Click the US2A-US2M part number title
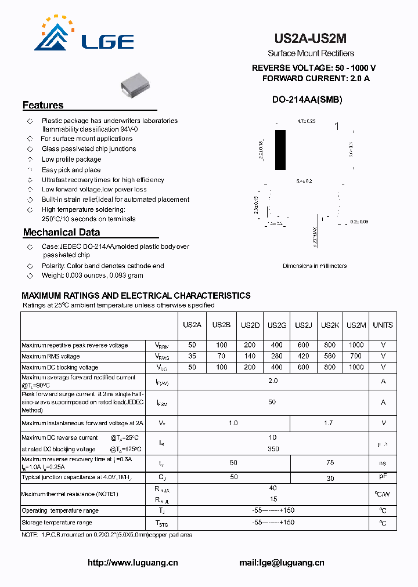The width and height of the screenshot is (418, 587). (x=310, y=39)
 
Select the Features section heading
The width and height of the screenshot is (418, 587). (x=43, y=105)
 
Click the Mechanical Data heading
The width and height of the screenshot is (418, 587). (x=62, y=232)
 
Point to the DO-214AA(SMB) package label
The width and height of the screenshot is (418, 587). (x=307, y=99)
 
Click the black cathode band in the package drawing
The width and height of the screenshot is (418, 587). (x=280, y=150)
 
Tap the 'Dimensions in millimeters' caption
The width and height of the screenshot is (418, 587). (x=315, y=266)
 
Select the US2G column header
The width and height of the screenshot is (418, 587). (x=277, y=325)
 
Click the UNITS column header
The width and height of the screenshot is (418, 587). (x=383, y=325)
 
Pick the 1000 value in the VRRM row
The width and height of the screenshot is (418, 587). (x=356, y=345)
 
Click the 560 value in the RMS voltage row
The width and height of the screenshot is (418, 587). (x=330, y=356)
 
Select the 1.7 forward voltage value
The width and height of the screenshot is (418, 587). (x=328, y=423)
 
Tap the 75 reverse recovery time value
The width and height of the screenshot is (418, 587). (x=330, y=462)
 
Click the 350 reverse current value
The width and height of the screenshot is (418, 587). (x=273, y=448)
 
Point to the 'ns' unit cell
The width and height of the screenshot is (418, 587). (x=383, y=463)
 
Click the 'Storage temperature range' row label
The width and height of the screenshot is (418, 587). (x=56, y=523)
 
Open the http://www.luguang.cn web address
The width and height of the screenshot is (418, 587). (x=132, y=562)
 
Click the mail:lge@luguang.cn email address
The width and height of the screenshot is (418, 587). (x=282, y=562)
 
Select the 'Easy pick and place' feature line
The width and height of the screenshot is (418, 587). (x=71, y=170)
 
